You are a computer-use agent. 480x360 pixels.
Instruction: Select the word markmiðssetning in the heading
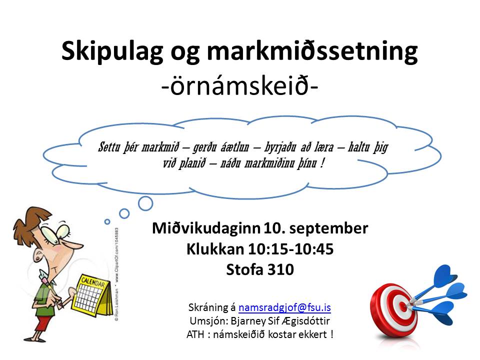(312, 51)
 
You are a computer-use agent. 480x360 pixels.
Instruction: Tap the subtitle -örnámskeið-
(239, 86)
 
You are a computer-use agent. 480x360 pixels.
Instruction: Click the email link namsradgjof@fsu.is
(284, 307)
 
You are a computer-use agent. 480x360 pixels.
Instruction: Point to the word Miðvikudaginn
(206, 228)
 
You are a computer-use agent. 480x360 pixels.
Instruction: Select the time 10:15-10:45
(290, 249)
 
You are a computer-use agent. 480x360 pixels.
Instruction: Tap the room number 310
(280, 269)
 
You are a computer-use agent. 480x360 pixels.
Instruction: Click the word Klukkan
(215, 249)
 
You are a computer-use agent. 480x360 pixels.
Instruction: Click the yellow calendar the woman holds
(92, 295)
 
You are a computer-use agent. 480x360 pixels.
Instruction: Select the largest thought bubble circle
(145, 203)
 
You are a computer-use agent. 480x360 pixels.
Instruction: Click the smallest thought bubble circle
(107, 221)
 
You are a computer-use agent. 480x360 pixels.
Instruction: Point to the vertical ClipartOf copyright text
(116, 274)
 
